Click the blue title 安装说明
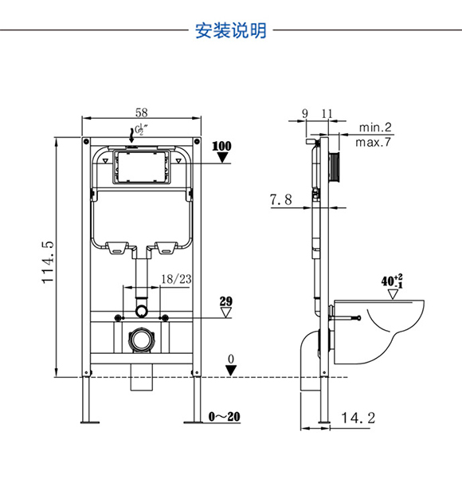coord(231,30)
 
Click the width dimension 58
coord(142,112)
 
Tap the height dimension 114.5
coord(48,262)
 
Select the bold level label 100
coord(221,147)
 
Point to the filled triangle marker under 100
coord(222,158)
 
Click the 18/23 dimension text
coord(176,279)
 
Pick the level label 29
coord(225,301)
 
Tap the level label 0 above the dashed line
coord(231,360)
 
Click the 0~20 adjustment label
coord(224,416)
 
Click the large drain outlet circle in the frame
coord(141,340)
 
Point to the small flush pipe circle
coord(142,311)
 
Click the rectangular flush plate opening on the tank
coord(141,167)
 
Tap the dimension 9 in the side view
coord(305,113)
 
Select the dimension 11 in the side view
coord(327,113)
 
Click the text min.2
coord(375,128)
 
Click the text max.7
coord(374,142)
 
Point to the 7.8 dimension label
coord(281,199)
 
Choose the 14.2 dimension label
coord(358,418)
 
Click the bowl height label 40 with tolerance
coord(392,281)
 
